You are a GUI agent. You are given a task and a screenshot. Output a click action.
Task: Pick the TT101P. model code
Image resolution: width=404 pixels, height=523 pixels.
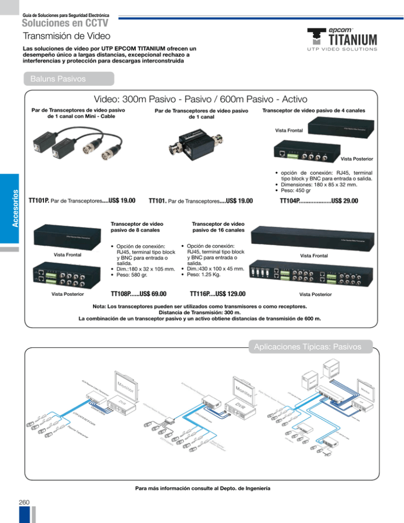[x=39, y=200]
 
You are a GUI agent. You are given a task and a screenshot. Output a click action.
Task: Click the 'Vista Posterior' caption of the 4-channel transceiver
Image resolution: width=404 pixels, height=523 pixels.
[x=356, y=158]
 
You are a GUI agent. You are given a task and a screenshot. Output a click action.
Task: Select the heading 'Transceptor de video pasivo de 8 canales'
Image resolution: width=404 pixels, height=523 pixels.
[x=131, y=226]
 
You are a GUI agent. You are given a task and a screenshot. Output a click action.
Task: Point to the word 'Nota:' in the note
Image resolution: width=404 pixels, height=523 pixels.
[x=102, y=305]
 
